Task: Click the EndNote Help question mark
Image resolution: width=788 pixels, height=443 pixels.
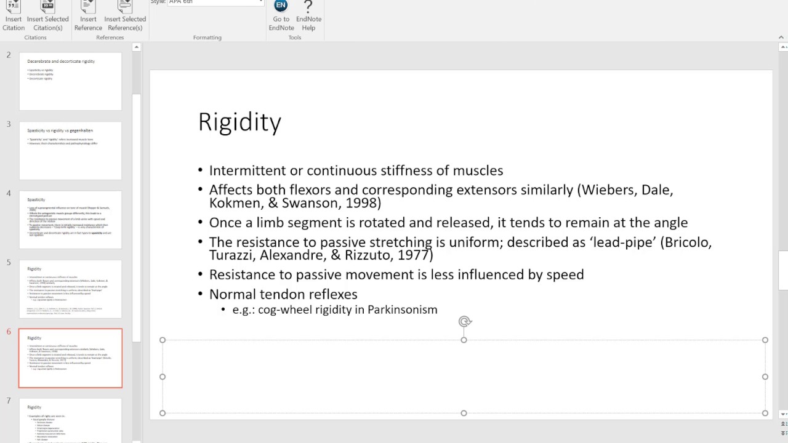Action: tap(308, 7)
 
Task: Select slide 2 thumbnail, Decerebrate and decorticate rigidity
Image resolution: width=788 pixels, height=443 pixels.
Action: tap(70, 81)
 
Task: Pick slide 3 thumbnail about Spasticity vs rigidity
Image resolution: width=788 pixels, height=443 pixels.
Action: tap(70, 151)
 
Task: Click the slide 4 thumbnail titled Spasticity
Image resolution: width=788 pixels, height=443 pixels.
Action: tap(70, 220)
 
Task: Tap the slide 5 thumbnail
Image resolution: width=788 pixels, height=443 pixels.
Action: tap(70, 289)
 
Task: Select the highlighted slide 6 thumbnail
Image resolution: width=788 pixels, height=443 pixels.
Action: tap(70, 358)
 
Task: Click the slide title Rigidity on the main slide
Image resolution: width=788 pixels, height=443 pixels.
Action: tap(239, 122)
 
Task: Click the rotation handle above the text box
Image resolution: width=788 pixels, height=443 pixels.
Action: tap(465, 321)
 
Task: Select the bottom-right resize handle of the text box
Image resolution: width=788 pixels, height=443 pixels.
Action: tap(765, 413)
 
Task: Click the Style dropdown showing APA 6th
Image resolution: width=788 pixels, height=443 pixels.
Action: tap(215, 2)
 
